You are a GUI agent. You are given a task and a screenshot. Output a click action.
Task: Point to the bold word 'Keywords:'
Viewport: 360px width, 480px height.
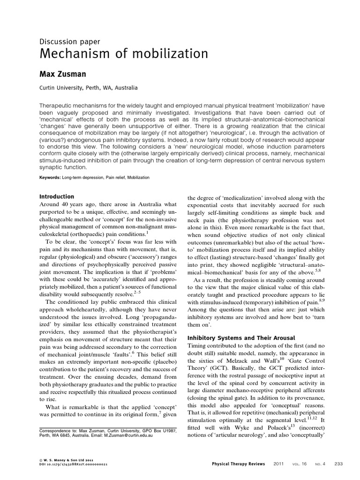pos(50,178)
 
